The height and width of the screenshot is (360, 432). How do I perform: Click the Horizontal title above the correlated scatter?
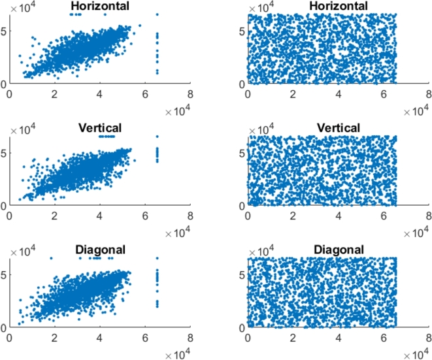[x=99, y=7]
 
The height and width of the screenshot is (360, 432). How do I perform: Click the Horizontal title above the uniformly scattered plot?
[x=338, y=7]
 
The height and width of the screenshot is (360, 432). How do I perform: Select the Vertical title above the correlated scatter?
[x=99, y=128]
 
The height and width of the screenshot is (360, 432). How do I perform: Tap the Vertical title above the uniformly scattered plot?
[x=338, y=128]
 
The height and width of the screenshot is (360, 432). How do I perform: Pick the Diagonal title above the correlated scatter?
[x=99, y=250]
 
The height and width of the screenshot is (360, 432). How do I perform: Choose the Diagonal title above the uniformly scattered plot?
[x=338, y=250]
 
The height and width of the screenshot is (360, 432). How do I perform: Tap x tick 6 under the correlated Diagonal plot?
[x=144, y=338]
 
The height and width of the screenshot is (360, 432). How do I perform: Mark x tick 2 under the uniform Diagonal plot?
[x=293, y=338]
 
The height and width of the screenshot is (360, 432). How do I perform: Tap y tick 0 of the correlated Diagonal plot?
[x=4, y=327]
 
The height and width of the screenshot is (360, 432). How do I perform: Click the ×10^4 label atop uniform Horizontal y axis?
[x=259, y=7]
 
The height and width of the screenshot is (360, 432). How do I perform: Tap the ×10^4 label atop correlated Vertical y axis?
[x=21, y=128]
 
